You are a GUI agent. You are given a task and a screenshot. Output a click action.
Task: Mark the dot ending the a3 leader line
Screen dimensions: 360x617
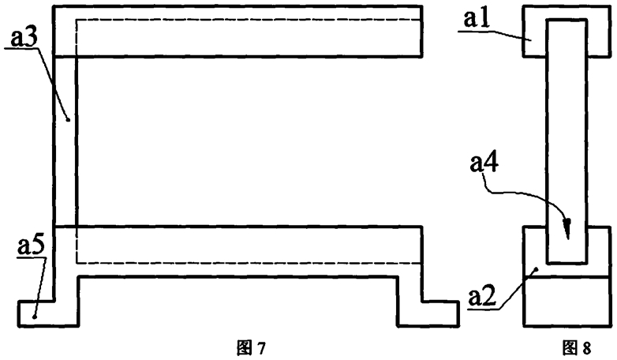69,121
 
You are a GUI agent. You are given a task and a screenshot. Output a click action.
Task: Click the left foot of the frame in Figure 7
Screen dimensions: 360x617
47,313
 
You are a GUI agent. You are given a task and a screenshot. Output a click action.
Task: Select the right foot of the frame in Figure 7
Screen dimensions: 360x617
428,313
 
